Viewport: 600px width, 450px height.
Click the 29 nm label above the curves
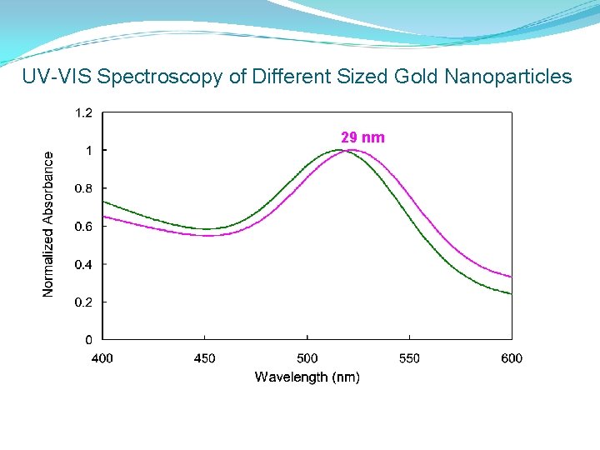[x=362, y=137]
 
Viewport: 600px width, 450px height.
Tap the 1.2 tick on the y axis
[x=84, y=112]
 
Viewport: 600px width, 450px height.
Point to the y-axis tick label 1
[x=89, y=150]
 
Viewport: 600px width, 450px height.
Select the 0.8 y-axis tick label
[x=84, y=188]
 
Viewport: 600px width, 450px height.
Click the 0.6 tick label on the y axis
[x=84, y=226]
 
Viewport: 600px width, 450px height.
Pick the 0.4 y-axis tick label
[x=84, y=264]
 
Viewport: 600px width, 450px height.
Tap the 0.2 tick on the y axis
[x=84, y=302]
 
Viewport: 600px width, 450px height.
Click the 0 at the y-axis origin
[x=89, y=340]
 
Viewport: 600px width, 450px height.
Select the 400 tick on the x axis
[x=102, y=358]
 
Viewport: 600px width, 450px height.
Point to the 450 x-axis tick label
[x=204, y=358]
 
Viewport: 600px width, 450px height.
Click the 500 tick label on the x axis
[x=307, y=358]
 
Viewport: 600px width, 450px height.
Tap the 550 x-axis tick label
[x=409, y=358]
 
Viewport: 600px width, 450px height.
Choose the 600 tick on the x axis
[x=512, y=358]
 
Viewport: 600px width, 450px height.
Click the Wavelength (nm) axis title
[x=307, y=377]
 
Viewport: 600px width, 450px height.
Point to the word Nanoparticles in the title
[x=508, y=77]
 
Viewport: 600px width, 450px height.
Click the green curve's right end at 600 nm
[x=511, y=293]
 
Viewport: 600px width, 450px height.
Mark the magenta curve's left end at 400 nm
[x=102, y=217]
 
